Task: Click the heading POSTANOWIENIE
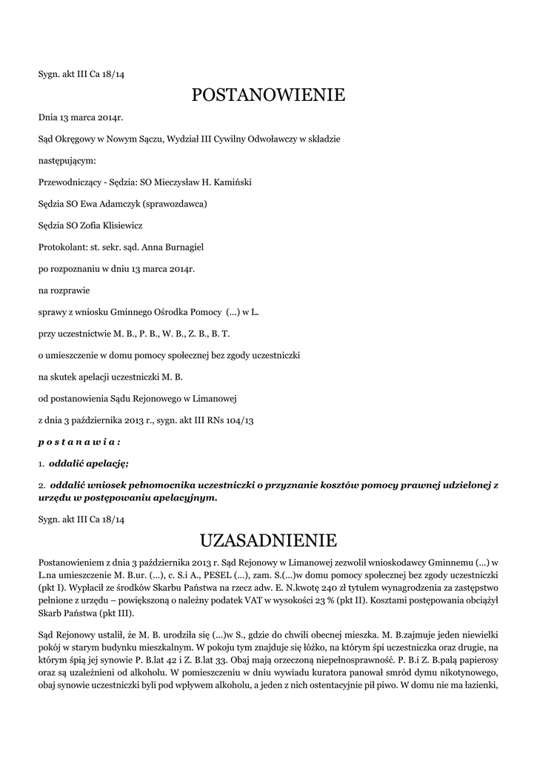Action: (268, 95)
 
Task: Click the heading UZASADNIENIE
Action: (268, 539)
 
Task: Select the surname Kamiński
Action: (229, 182)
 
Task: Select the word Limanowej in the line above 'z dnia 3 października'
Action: (213, 399)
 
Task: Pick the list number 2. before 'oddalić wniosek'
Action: (41, 485)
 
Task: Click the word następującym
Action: (67, 160)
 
